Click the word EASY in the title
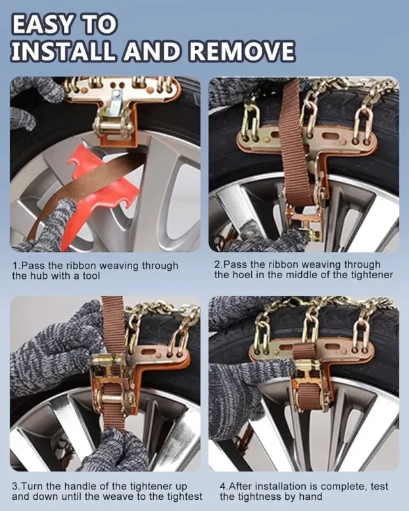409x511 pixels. point(41,24)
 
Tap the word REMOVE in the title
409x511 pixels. point(241,51)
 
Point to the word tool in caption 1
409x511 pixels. point(91,276)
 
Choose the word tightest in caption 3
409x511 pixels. point(185,497)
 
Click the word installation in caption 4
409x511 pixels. point(280,486)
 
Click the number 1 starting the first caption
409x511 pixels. point(14,266)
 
